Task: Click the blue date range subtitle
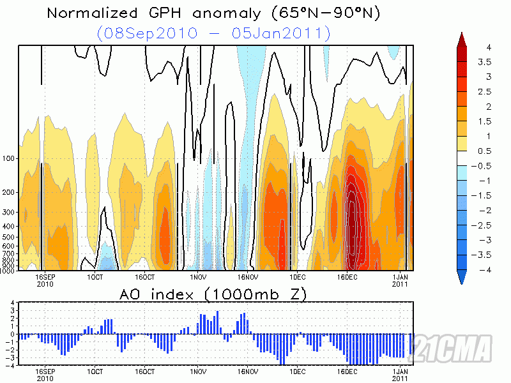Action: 214,33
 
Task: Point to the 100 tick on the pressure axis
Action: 10,158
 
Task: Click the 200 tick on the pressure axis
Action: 10,192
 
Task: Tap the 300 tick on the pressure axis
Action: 10,212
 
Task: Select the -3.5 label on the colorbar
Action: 489,254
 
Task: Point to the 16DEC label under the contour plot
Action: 347,278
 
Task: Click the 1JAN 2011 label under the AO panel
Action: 399,375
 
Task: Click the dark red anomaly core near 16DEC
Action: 352,217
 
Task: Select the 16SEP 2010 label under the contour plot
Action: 45,282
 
